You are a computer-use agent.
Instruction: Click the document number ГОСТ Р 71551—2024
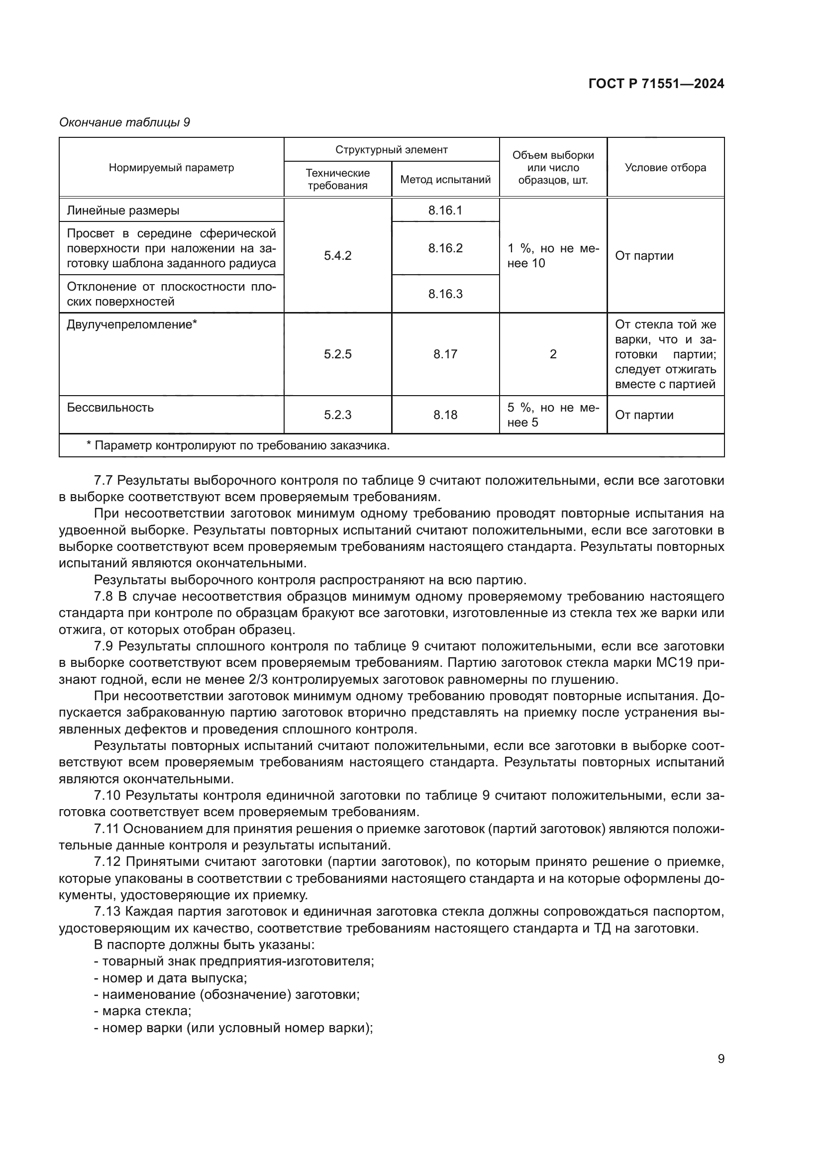pos(656,84)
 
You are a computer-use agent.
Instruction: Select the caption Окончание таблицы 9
pos(125,122)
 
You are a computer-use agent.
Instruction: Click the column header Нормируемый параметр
pos(171,168)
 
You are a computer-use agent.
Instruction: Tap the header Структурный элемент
pos(391,150)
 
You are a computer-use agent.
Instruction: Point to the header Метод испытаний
pos(445,180)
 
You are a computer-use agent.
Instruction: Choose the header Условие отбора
pos(665,168)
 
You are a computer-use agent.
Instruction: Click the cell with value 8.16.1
pos(445,211)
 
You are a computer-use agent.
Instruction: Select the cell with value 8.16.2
pos(445,248)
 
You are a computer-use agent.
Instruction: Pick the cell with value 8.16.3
pos(445,294)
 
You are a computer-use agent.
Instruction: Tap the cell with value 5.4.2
pos(337,255)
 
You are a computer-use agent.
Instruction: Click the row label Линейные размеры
pos(123,211)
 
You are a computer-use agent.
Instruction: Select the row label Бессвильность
pos(110,408)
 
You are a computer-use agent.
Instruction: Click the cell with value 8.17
pos(445,354)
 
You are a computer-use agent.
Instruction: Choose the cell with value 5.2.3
pos(337,415)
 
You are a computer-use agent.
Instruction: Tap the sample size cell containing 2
pos(553,354)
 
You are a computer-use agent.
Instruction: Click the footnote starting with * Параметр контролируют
pos(238,445)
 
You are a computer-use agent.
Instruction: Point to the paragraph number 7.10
pos(107,795)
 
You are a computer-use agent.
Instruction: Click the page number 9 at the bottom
pos(720,1059)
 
